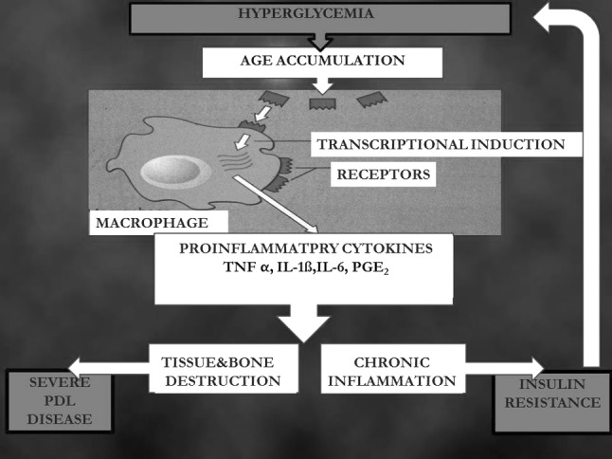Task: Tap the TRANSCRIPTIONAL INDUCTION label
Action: [x=441, y=144]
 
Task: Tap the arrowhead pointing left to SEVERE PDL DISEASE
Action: [x=76, y=367]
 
